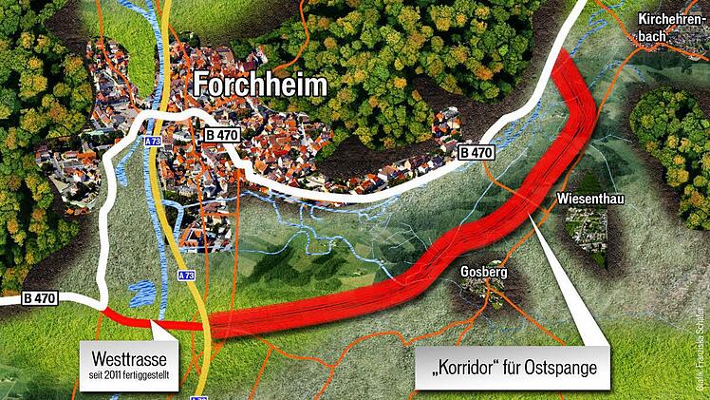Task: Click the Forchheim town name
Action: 260,86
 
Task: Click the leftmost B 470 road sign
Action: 40,298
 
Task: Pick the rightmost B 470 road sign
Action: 476,152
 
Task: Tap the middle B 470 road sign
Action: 221,136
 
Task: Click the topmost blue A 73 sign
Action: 153,142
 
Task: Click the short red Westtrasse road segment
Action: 142,319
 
